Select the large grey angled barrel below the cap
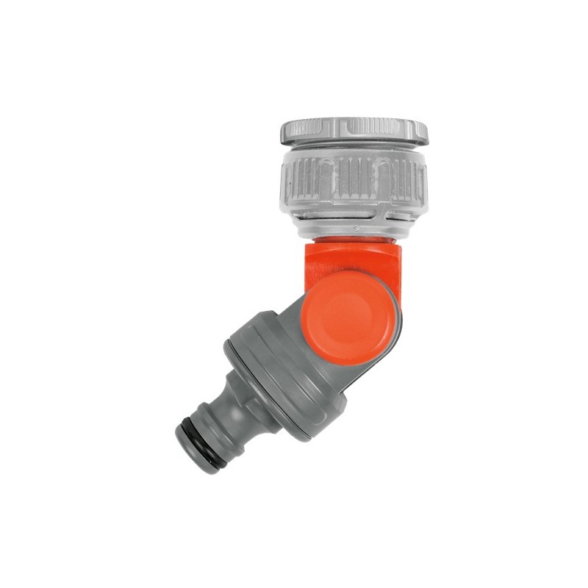[279, 367]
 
